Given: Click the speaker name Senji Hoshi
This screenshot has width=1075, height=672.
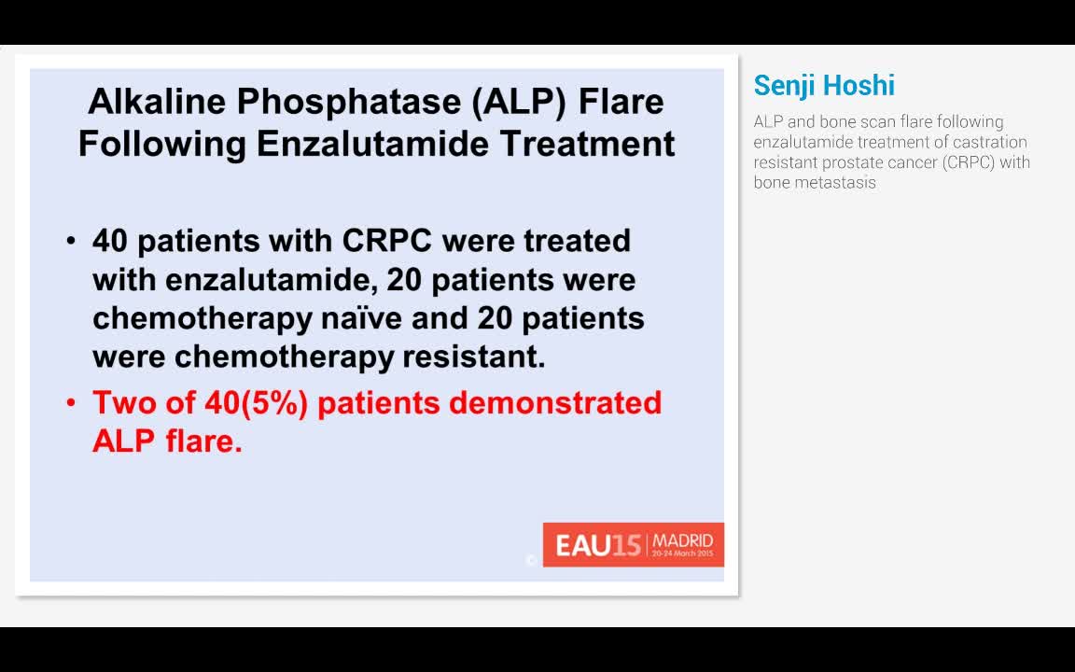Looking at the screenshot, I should tap(824, 86).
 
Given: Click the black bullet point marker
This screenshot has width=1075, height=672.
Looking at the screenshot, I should tap(72, 242).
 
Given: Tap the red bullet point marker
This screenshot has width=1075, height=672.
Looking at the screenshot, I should tap(72, 403).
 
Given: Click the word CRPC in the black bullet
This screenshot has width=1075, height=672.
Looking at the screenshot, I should tap(387, 241).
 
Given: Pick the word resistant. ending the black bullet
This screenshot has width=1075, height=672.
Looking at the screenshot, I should tap(473, 357).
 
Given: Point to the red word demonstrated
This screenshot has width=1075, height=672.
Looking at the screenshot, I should tap(555, 403).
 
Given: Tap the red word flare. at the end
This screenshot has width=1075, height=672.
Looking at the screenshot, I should tap(203, 441).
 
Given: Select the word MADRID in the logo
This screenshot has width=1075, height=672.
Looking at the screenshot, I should tap(682, 540).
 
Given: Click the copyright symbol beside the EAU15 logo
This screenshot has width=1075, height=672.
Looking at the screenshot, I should tap(531, 560).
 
